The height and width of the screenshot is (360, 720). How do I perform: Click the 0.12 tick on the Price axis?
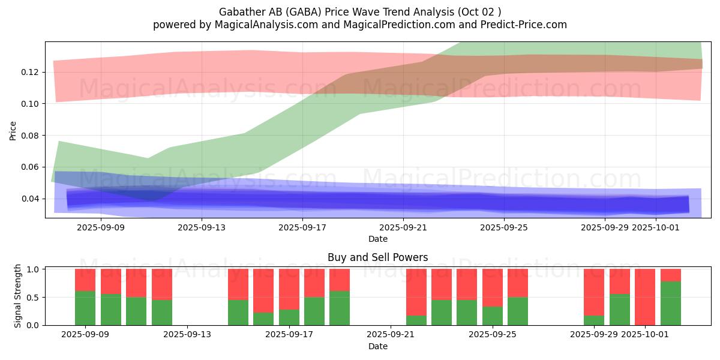pos(29,72)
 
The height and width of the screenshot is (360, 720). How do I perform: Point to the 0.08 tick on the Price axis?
pos(29,136)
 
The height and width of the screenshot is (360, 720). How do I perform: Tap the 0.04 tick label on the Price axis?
pos(29,199)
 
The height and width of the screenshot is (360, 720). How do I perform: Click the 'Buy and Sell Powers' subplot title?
pos(377,257)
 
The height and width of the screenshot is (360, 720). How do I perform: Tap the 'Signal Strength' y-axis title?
pos(18,296)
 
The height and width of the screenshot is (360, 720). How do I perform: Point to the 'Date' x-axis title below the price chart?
pos(377,239)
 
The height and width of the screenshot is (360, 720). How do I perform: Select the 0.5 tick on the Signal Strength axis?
pos(34,298)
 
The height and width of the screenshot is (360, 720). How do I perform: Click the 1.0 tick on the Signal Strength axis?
pos(34,269)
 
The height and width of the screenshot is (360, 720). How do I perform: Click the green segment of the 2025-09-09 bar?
pos(85,308)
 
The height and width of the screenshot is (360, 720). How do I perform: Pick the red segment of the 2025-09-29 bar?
pos(594,292)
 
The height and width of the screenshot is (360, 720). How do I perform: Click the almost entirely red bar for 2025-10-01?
pos(645,296)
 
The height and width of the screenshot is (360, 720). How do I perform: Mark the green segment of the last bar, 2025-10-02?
pos(671,303)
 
